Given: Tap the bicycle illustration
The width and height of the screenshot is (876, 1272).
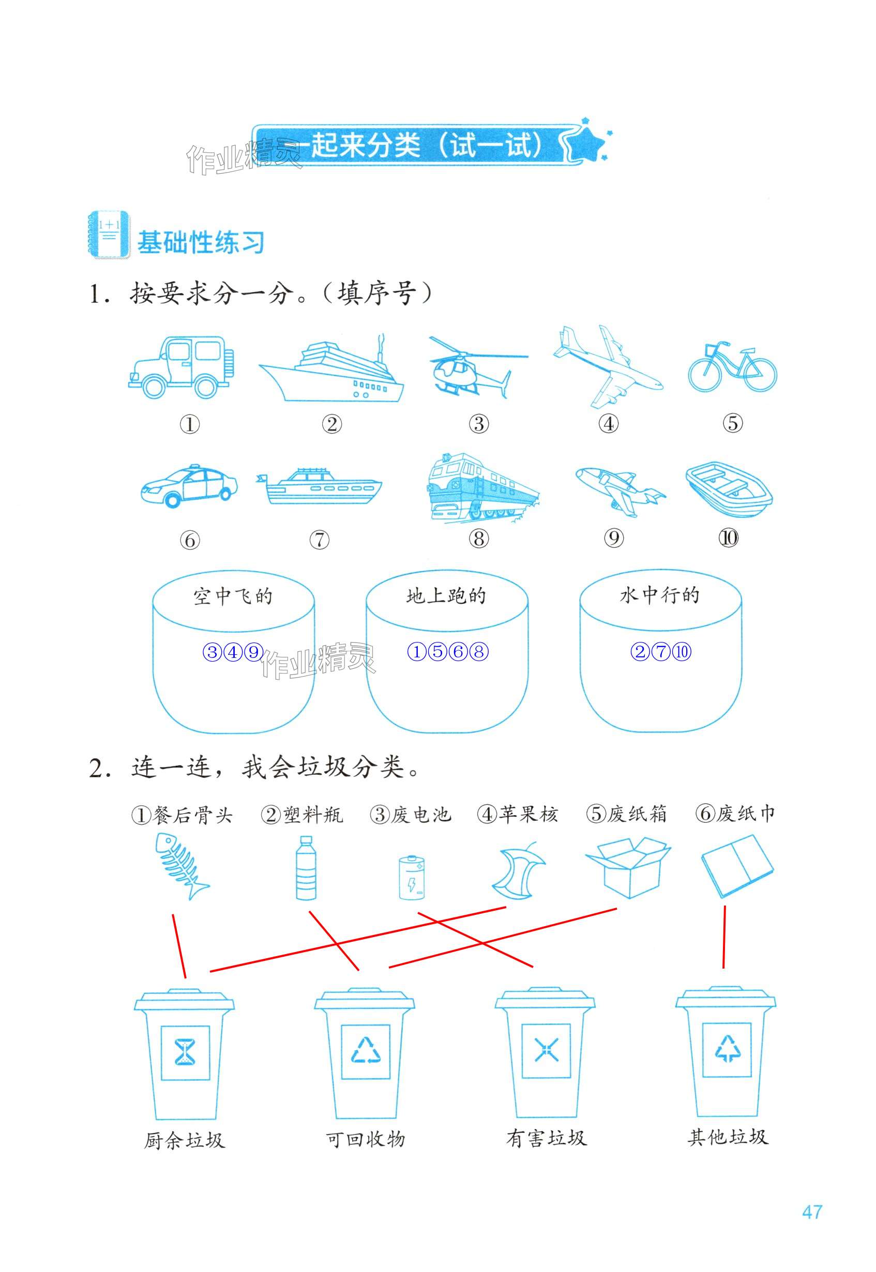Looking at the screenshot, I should click(732, 367).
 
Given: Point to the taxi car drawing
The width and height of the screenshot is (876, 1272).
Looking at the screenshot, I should click(189, 486).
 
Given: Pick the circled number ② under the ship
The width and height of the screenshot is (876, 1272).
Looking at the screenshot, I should click(331, 424).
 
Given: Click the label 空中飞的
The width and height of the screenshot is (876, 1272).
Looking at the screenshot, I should click(233, 596).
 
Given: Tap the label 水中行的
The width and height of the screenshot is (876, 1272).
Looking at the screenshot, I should click(660, 595).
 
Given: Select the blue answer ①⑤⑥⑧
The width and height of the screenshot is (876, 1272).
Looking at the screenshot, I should click(447, 652).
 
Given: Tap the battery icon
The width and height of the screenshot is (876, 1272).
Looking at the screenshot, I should click(412, 877).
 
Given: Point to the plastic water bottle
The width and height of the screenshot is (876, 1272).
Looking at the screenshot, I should click(306, 868).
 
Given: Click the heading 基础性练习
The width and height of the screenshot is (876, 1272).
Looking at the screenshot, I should click(200, 242).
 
